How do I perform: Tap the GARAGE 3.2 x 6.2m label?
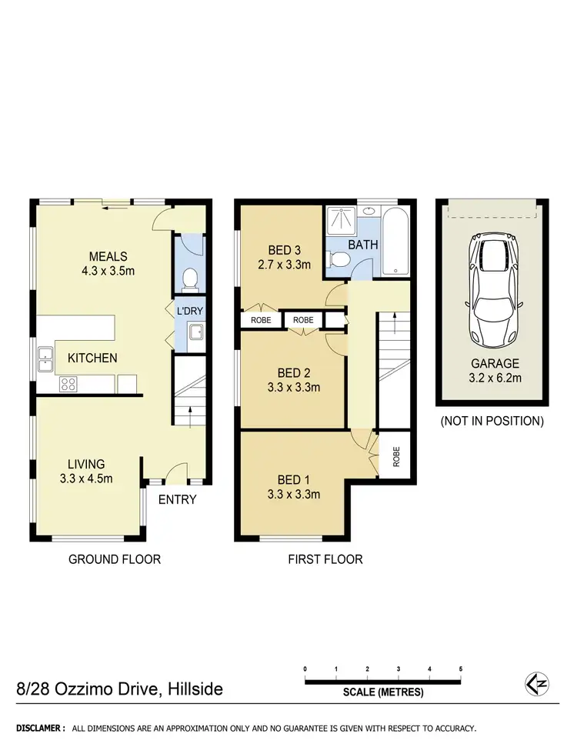492,370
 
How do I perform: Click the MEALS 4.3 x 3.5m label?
108,264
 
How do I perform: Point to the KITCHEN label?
92,358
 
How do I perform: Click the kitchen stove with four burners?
68,382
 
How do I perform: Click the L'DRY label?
189,311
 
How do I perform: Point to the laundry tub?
194,333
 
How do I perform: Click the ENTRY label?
178,500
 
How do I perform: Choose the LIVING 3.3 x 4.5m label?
86,471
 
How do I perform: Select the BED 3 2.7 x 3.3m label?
284,258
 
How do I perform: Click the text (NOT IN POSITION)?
492,421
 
